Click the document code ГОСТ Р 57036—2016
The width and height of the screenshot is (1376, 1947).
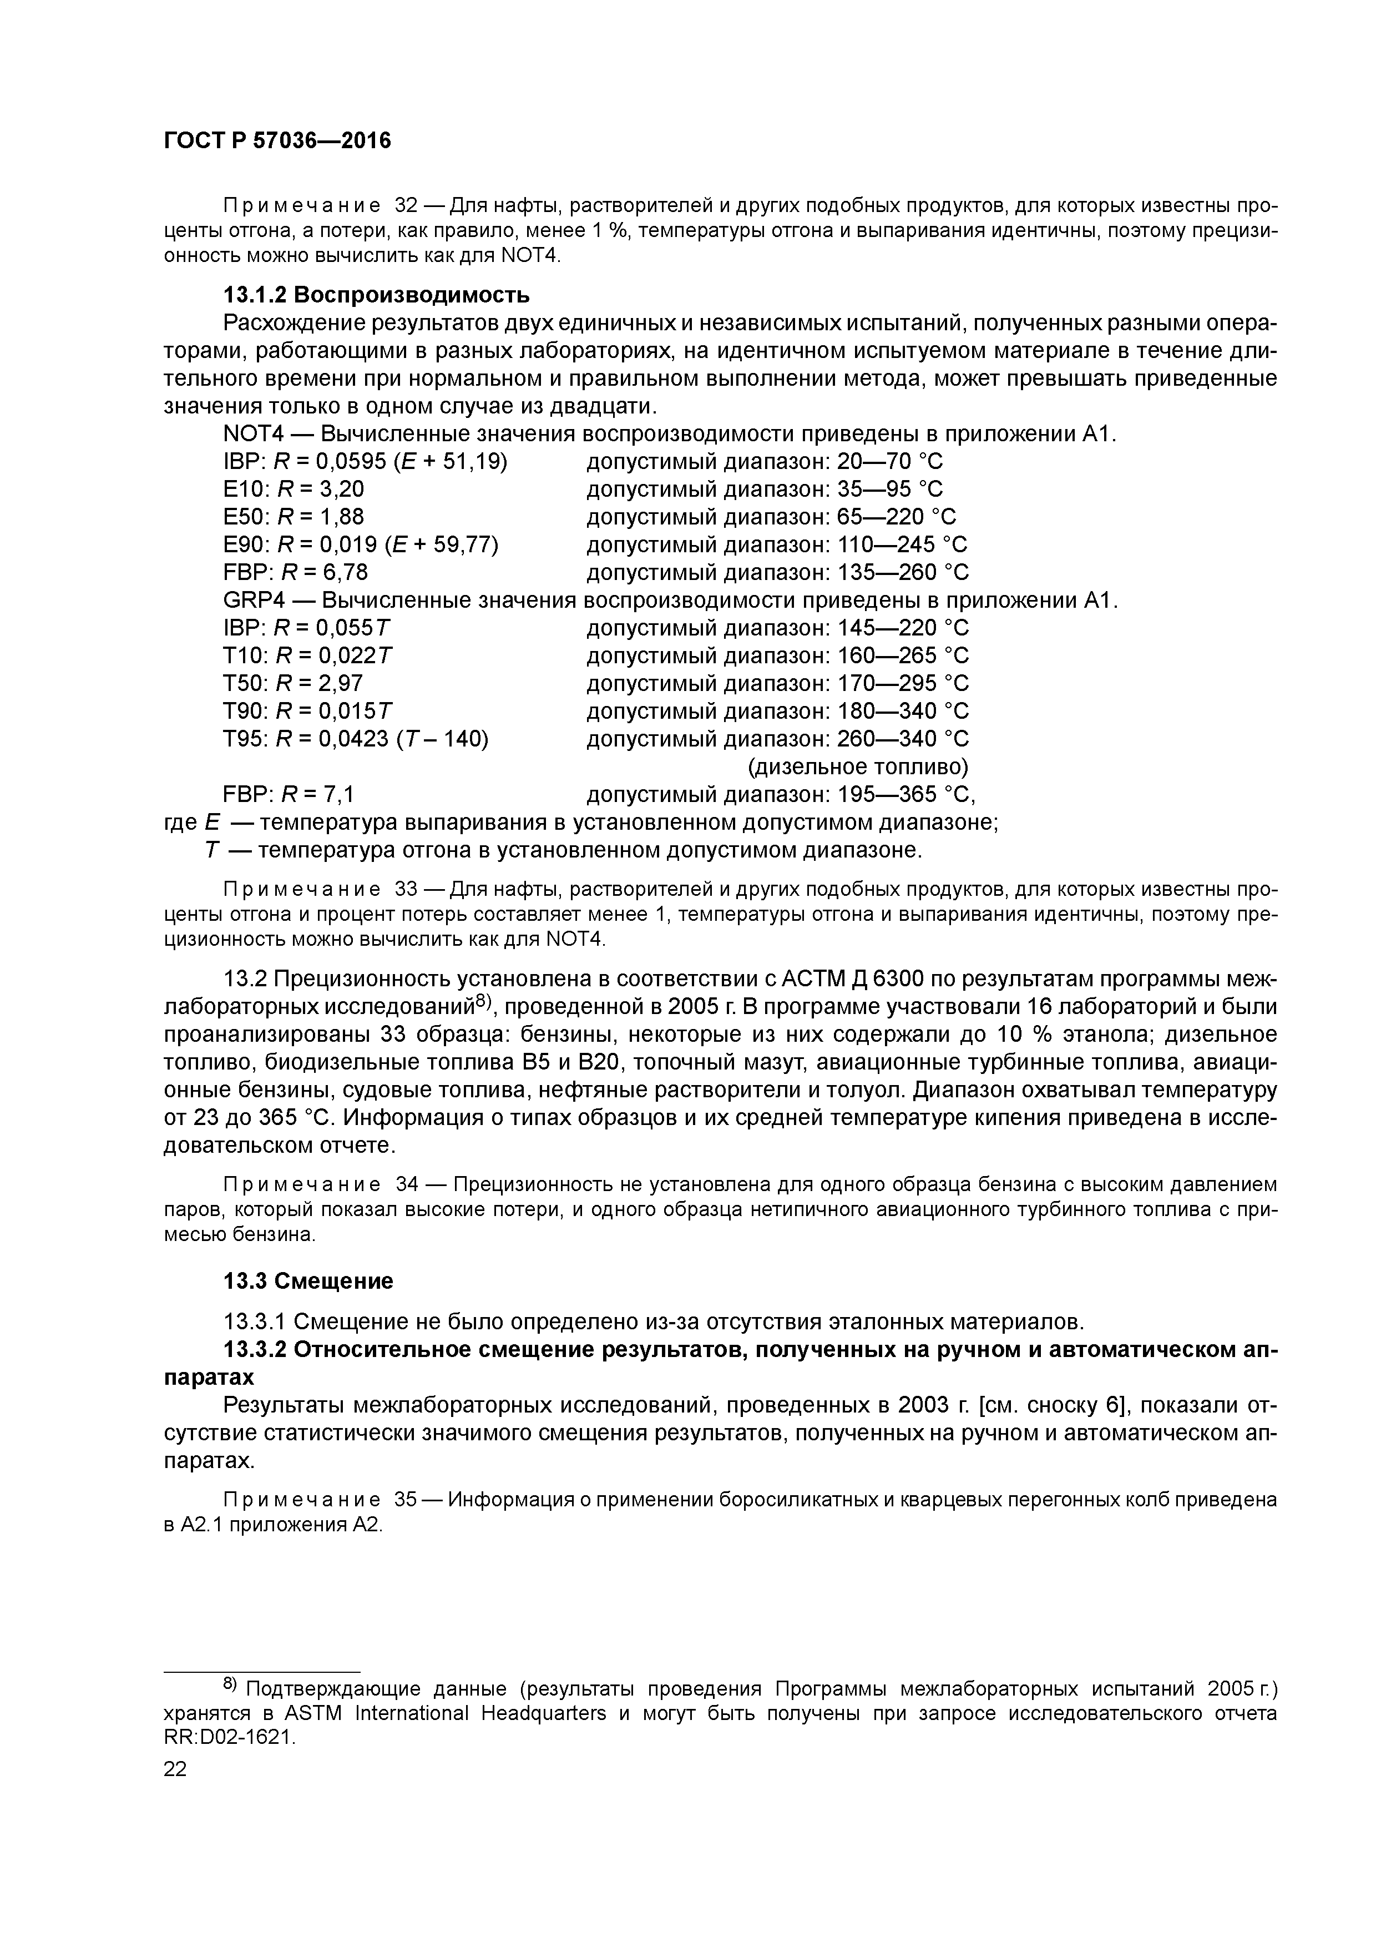tap(277, 141)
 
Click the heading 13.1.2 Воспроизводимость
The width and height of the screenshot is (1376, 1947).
tap(376, 295)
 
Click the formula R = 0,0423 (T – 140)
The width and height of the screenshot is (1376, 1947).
tap(383, 739)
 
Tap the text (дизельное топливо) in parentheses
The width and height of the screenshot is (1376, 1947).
tap(857, 766)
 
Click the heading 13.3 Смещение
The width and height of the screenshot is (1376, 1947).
tap(308, 1280)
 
